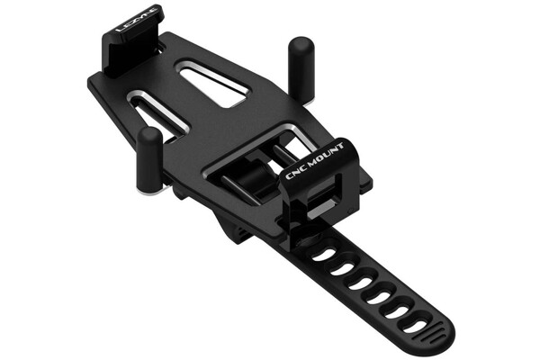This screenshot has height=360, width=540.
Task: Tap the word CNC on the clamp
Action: (296, 172)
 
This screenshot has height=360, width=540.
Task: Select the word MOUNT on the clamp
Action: (326, 155)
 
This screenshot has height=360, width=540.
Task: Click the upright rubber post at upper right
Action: (301, 69)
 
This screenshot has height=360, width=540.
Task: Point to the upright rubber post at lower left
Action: (149, 159)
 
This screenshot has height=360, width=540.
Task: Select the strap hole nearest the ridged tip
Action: (415, 326)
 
